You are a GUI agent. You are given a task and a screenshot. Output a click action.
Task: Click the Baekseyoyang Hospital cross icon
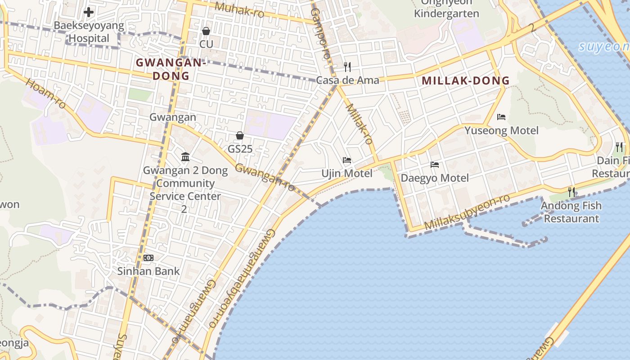89,12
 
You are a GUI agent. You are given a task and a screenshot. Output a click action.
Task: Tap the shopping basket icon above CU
206,31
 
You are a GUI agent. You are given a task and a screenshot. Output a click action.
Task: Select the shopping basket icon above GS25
240,135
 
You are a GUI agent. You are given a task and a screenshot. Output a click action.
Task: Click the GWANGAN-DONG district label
171,69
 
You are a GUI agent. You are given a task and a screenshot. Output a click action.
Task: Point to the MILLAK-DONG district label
466,81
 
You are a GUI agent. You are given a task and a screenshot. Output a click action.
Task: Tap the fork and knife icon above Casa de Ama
347,67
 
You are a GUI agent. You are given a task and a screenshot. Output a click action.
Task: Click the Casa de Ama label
347,81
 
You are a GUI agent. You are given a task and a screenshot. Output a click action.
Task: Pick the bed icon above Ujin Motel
346,160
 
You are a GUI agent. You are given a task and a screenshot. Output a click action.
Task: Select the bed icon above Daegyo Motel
434,165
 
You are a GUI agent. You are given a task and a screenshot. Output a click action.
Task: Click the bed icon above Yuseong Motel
501,117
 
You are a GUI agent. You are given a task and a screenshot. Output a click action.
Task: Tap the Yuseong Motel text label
501,130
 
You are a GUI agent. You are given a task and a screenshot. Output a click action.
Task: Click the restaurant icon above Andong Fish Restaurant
571,192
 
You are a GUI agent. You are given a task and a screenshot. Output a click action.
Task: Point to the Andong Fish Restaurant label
571,212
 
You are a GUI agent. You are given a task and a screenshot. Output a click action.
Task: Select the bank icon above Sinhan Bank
148,258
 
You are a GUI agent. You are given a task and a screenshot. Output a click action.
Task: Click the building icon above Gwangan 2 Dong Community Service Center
185,157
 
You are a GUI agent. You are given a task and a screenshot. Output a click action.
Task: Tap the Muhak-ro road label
239,9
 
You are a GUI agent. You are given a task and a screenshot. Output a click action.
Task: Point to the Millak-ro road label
360,124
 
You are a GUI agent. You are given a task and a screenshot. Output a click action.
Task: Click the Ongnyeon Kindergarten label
446,9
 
